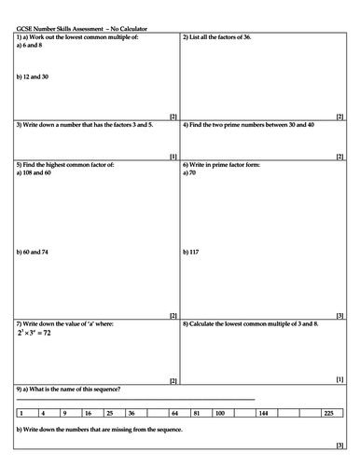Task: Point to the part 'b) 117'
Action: coord(194,253)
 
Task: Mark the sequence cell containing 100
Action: coord(219,411)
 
